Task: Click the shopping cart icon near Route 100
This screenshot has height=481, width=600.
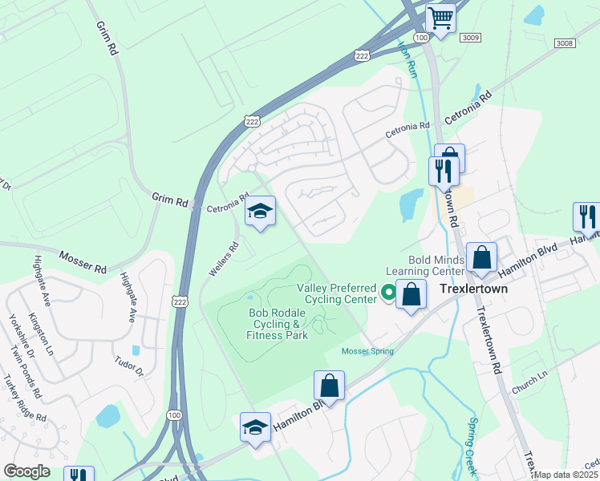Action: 440,18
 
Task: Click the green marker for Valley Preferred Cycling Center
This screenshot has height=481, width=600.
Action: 388,293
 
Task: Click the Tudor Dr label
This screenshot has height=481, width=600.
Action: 128,366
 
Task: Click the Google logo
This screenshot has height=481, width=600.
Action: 26,471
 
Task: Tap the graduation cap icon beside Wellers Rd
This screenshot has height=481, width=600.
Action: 260,212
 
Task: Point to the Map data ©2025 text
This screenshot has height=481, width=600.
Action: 566,475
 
